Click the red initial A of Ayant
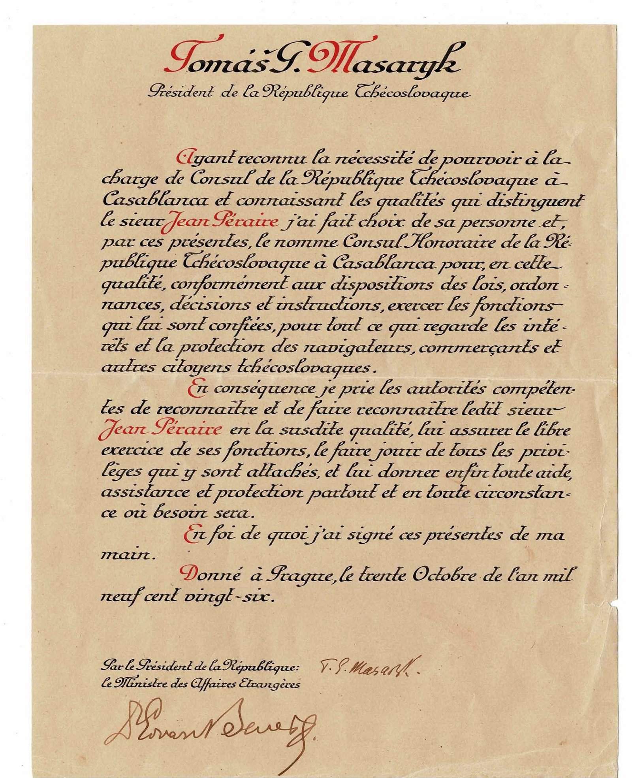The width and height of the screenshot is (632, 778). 182,159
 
